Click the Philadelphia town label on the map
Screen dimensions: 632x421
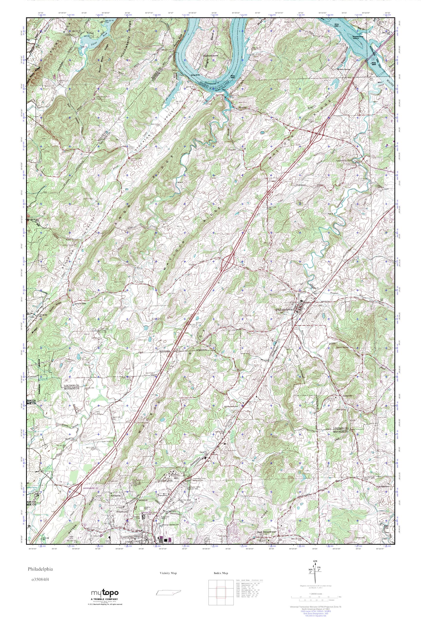pyautogui.click(x=285, y=309)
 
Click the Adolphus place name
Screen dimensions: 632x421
pyautogui.click(x=243, y=107)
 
